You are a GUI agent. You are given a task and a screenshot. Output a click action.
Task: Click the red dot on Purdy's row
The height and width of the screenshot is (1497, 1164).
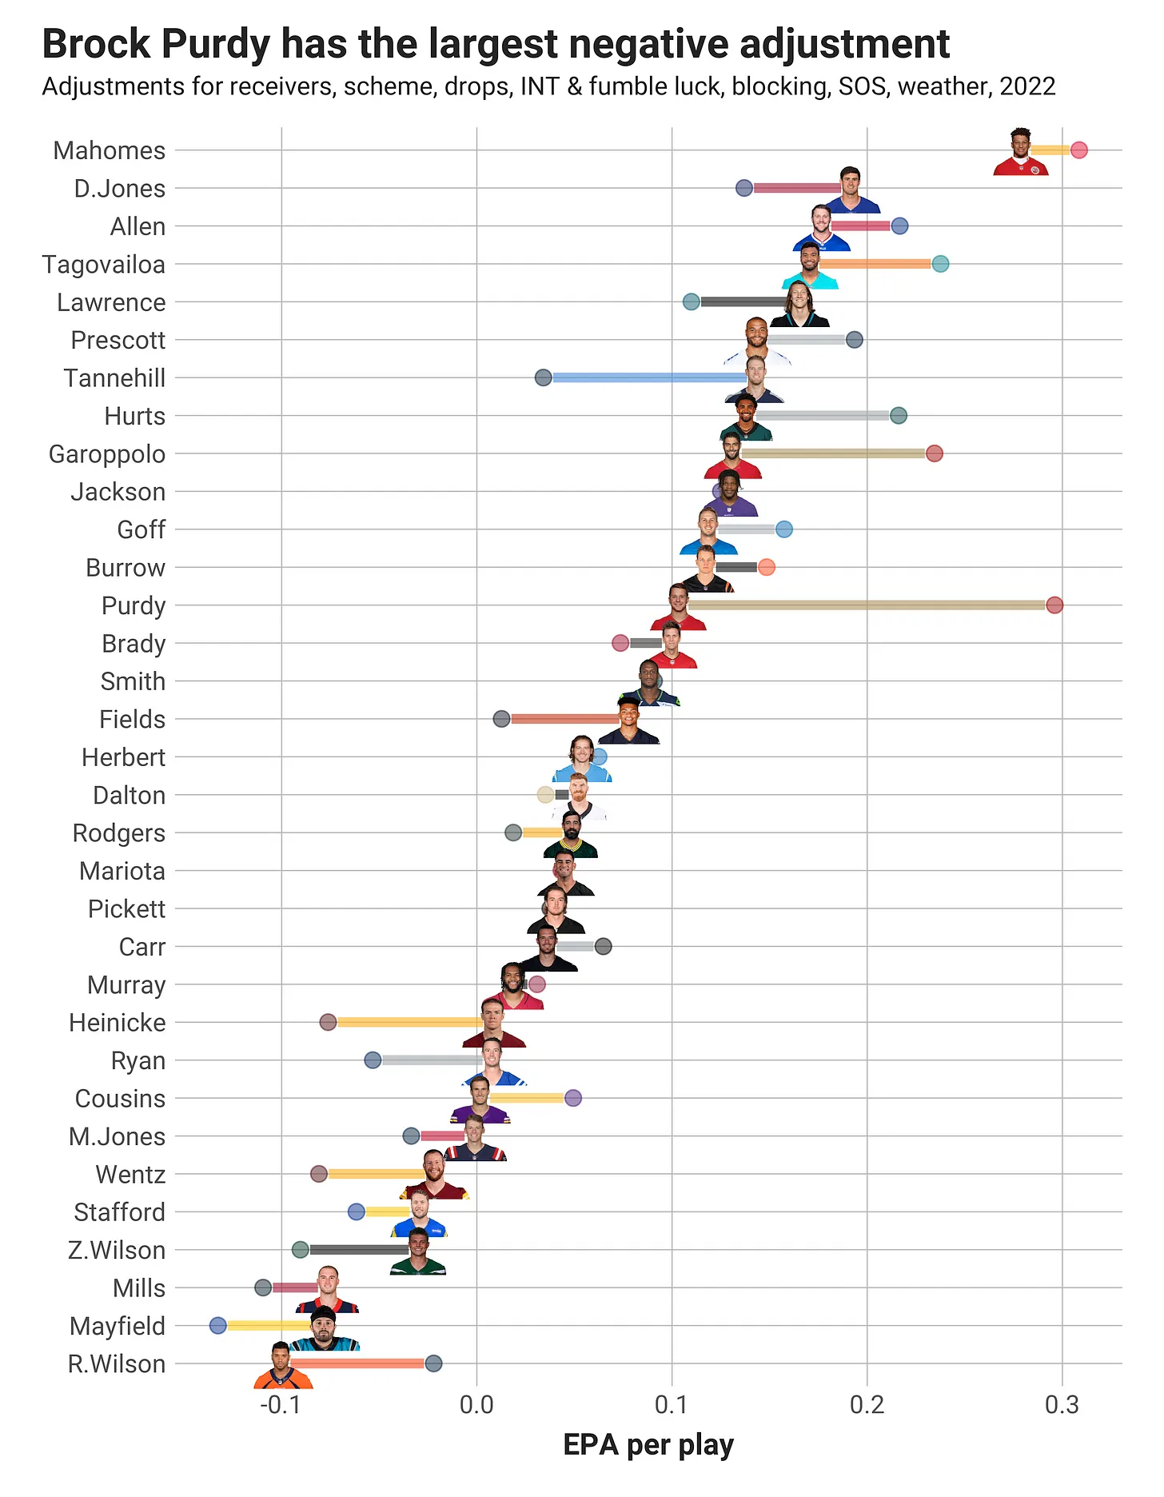point(1054,605)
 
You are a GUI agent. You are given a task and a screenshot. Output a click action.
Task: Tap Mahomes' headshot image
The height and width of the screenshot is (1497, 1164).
point(1021,153)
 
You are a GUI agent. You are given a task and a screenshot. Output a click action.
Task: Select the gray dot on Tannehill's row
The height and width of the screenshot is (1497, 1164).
point(543,377)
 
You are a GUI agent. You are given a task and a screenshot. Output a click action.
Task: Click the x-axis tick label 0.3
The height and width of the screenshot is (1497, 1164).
point(1062,1405)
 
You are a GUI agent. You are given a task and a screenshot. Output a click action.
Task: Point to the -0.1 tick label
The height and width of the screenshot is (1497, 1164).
point(281,1405)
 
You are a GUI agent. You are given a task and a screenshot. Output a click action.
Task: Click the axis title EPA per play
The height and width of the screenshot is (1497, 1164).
point(648,1446)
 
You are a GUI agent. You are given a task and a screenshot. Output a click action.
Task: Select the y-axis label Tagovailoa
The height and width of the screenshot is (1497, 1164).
point(104,265)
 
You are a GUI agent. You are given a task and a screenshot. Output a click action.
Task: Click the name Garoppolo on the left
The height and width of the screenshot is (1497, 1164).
point(107,454)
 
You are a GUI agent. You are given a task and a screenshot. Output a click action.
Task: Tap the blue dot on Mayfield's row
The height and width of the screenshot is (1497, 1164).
point(217,1326)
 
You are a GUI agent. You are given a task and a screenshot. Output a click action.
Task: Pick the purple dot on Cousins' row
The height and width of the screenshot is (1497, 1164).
point(573,1098)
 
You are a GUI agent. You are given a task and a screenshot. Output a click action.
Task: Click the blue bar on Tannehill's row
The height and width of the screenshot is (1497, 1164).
point(648,377)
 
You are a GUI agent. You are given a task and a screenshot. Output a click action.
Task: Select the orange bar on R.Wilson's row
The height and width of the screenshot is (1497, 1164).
point(357,1363)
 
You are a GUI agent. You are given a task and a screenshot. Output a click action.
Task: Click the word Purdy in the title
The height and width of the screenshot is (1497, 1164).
point(215,45)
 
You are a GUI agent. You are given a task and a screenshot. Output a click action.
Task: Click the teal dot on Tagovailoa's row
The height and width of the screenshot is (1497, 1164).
point(940,264)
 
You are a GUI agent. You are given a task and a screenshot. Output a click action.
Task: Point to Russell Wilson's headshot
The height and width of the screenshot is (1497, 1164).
point(282,1367)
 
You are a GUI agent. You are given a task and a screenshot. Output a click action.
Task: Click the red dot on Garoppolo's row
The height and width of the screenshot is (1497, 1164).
point(934,453)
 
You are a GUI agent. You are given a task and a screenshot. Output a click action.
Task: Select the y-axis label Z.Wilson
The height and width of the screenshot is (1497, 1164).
point(117,1251)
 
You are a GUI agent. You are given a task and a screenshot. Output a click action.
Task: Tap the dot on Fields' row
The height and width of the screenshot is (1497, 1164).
point(501,719)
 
